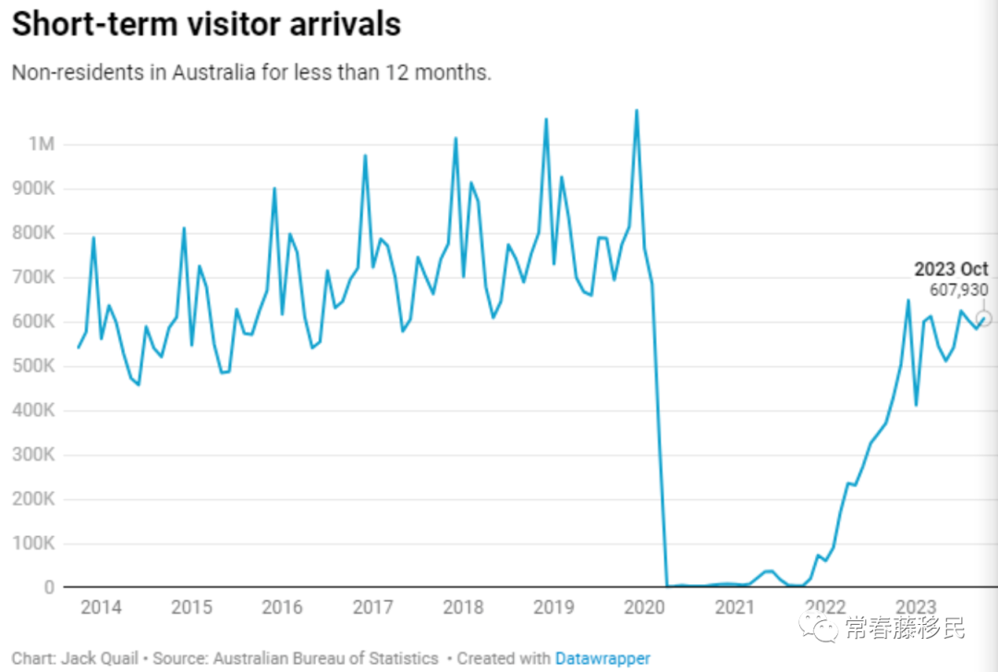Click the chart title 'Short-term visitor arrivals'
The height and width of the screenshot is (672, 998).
tap(206, 25)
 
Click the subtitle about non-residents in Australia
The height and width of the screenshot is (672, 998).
tap(251, 72)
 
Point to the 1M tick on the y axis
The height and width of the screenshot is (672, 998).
tap(43, 144)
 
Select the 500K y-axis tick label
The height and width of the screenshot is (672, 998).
tap(37, 366)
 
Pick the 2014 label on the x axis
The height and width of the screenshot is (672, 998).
tap(101, 607)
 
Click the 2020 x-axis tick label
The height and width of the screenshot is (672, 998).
tap(644, 607)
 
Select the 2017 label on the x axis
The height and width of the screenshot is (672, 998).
tap(372, 607)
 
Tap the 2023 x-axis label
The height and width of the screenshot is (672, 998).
tap(916, 607)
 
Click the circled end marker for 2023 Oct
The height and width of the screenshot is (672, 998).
tap(983, 319)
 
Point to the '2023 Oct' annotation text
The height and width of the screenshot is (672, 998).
tap(951, 270)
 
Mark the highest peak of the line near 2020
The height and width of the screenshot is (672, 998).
tap(636, 111)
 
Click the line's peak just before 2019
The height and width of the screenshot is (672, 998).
tap(545, 119)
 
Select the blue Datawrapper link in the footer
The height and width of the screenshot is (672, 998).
tap(602, 658)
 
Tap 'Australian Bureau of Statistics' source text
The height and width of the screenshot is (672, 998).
tap(325, 658)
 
